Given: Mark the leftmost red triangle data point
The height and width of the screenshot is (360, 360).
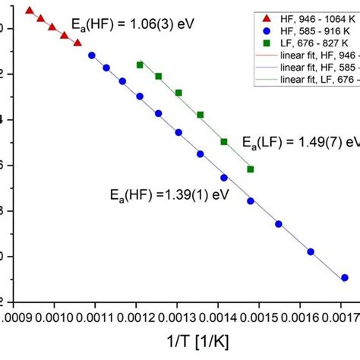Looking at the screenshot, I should (29, 11).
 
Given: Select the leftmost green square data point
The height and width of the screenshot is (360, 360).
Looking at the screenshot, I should (140, 65).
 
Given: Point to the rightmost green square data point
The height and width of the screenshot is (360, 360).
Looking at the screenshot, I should (251, 169).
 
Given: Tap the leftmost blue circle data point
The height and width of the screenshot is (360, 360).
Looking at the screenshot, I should (92, 55).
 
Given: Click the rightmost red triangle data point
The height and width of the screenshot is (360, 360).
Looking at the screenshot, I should (77, 43).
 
